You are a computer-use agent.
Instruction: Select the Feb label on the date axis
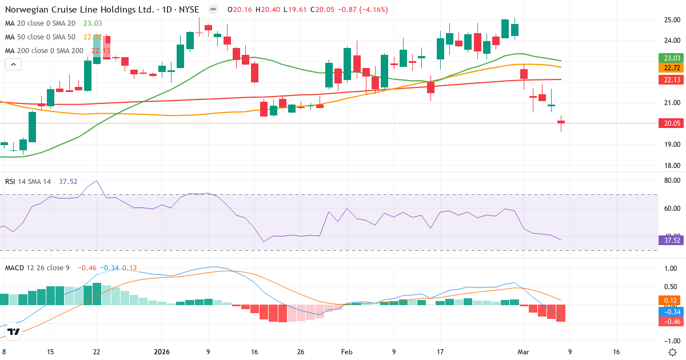(347, 353)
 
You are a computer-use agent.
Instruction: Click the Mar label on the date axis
(523, 353)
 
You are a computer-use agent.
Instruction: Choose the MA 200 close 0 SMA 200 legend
(45, 51)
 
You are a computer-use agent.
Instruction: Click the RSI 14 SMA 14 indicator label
(28, 182)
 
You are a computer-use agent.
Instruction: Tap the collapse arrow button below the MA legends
(13, 65)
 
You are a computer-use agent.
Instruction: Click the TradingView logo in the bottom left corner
(14, 331)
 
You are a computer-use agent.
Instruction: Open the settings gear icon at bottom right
(673, 352)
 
